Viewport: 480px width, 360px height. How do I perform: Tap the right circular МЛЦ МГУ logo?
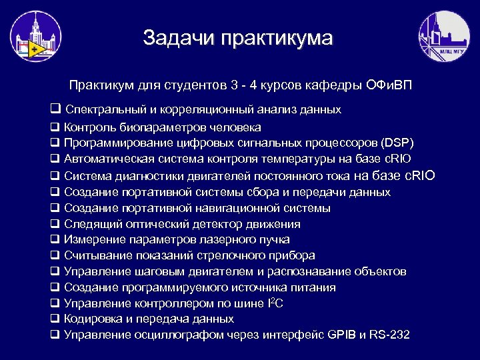(x=443, y=37)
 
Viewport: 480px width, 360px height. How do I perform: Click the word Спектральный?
(x=104, y=109)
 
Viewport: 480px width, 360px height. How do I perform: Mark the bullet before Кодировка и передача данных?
(x=55, y=319)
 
